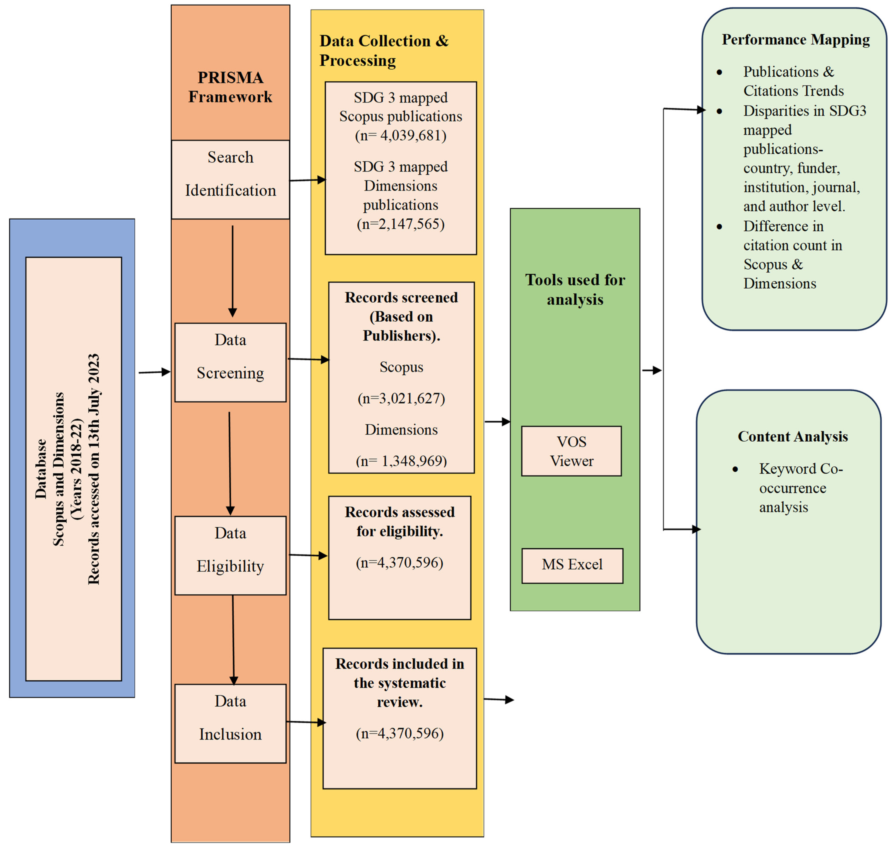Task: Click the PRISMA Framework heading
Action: pyautogui.click(x=230, y=87)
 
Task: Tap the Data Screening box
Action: pyautogui.click(x=230, y=362)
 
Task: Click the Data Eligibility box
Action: pyautogui.click(x=230, y=555)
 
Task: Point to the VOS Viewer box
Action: pyautogui.click(x=571, y=451)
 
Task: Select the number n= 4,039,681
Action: pyautogui.click(x=401, y=136)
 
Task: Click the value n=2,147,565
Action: pyautogui.click(x=401, y=224)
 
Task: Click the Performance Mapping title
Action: pyautogui.click(x=795, y=40)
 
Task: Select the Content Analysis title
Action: pyautogui.click(x=792, y=437)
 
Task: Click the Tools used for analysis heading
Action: pyautogui.click(x=575, y=289)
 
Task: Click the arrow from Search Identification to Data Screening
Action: pyautogui.click(x=233, y=271)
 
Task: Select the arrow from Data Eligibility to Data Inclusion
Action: pyautogui.click(x=233, y=640)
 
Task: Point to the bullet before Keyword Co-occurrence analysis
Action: pyautogui.click(x=735, y=469)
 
